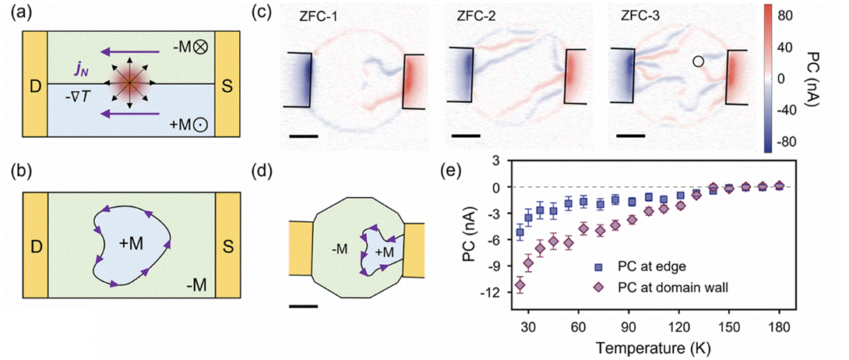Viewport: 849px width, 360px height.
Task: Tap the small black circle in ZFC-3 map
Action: [x=699, y=61]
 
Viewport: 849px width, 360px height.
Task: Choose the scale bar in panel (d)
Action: [x=303, y=305]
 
